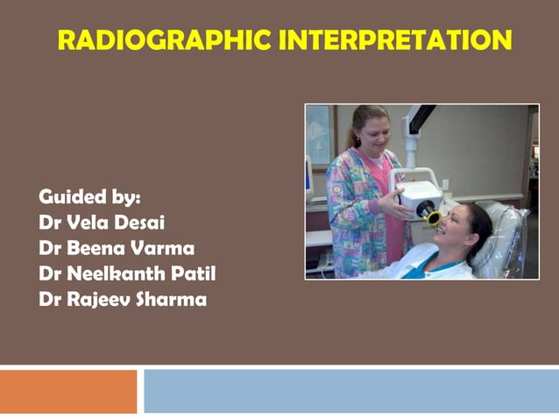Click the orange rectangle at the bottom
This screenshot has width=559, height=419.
[68, 391]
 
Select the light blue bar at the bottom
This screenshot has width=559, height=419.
[350, 391]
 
